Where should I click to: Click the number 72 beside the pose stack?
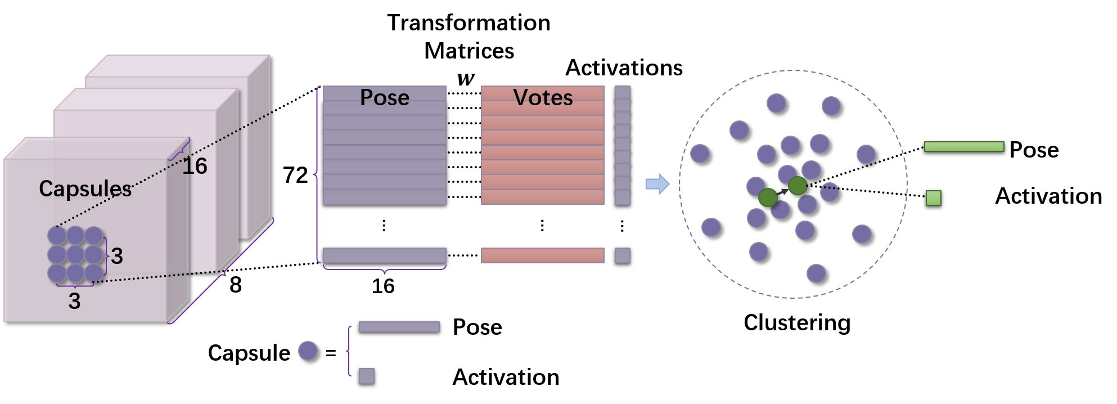coord(295,175)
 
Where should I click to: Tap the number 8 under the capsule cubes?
coord(236,285)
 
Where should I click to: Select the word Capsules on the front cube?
coord(85,189)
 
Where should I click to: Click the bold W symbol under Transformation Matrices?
coord(466,78)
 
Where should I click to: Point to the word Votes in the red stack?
coord(543,97)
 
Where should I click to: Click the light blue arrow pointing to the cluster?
coord(657,183)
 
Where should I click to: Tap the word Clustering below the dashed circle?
coord(797,323)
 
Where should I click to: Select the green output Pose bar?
coord(964,147)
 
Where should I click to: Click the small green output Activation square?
coord(934,198)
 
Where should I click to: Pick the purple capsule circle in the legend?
coord(308,352)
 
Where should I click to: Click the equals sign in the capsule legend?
coord(331,353)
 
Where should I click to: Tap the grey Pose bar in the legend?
coord(399,327)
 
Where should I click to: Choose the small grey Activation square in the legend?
coord(367,376)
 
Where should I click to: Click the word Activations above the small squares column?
coord(624,68)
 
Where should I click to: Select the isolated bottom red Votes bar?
coord(543,255)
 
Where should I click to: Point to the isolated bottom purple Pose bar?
coord(385,255)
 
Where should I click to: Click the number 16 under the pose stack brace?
coord(383,286)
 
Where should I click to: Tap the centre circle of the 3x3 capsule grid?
coord(75,254)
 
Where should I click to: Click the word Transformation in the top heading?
coord(469,23)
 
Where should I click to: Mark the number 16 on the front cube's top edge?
coord(195,166)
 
